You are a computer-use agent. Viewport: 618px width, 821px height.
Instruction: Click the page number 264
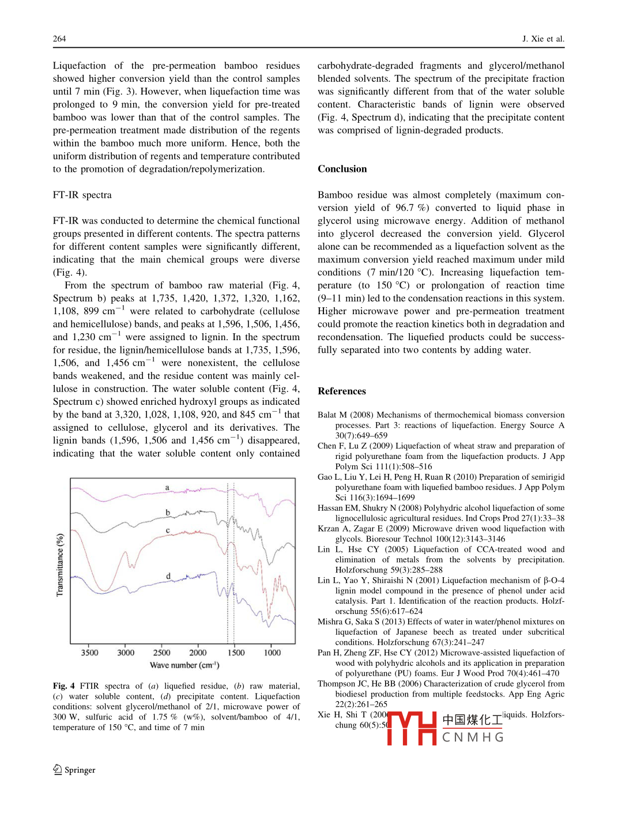pos(59,39)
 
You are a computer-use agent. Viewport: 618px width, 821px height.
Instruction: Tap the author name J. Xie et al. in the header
pos(543,39)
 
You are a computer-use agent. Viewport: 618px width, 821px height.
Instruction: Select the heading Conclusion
pos(342,169)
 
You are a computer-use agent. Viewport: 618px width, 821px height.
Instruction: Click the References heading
pos(341,391)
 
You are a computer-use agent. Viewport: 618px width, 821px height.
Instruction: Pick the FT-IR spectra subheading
pos(82,195)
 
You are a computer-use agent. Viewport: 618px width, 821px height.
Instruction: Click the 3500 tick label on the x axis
pos(89,653)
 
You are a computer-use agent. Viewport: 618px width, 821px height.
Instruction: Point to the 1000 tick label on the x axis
pos(272,653)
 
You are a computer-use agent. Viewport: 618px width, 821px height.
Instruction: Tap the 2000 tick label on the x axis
pos(198,653)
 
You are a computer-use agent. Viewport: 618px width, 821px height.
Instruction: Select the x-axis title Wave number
pos(184,665)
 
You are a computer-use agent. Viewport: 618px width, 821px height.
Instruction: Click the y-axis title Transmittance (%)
pos(60,564)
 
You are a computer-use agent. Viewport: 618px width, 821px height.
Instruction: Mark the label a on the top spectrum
pos(168,487)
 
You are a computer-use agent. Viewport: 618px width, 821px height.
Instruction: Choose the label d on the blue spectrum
pos(168,575)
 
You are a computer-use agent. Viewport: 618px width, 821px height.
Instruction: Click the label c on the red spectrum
pos(168,530)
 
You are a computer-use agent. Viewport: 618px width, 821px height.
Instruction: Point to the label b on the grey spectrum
pos(168,512)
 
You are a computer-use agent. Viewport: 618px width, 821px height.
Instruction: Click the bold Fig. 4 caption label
pos(63,686)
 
